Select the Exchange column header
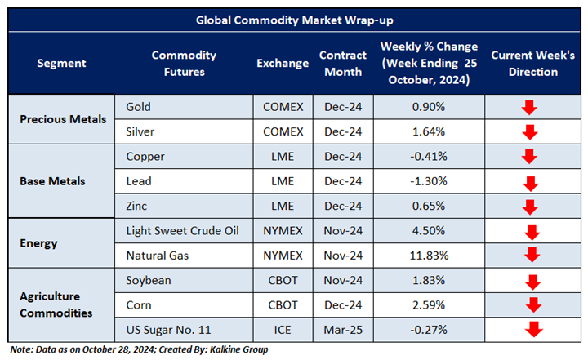[x=283, y=63]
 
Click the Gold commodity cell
[x=139, y=107]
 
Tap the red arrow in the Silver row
[x=530, y=132]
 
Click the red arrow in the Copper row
[x=528, y=157]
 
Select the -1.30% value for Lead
[x=429, y=181]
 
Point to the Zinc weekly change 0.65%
[x=429, y=206]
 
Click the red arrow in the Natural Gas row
[x=532, y=256]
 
